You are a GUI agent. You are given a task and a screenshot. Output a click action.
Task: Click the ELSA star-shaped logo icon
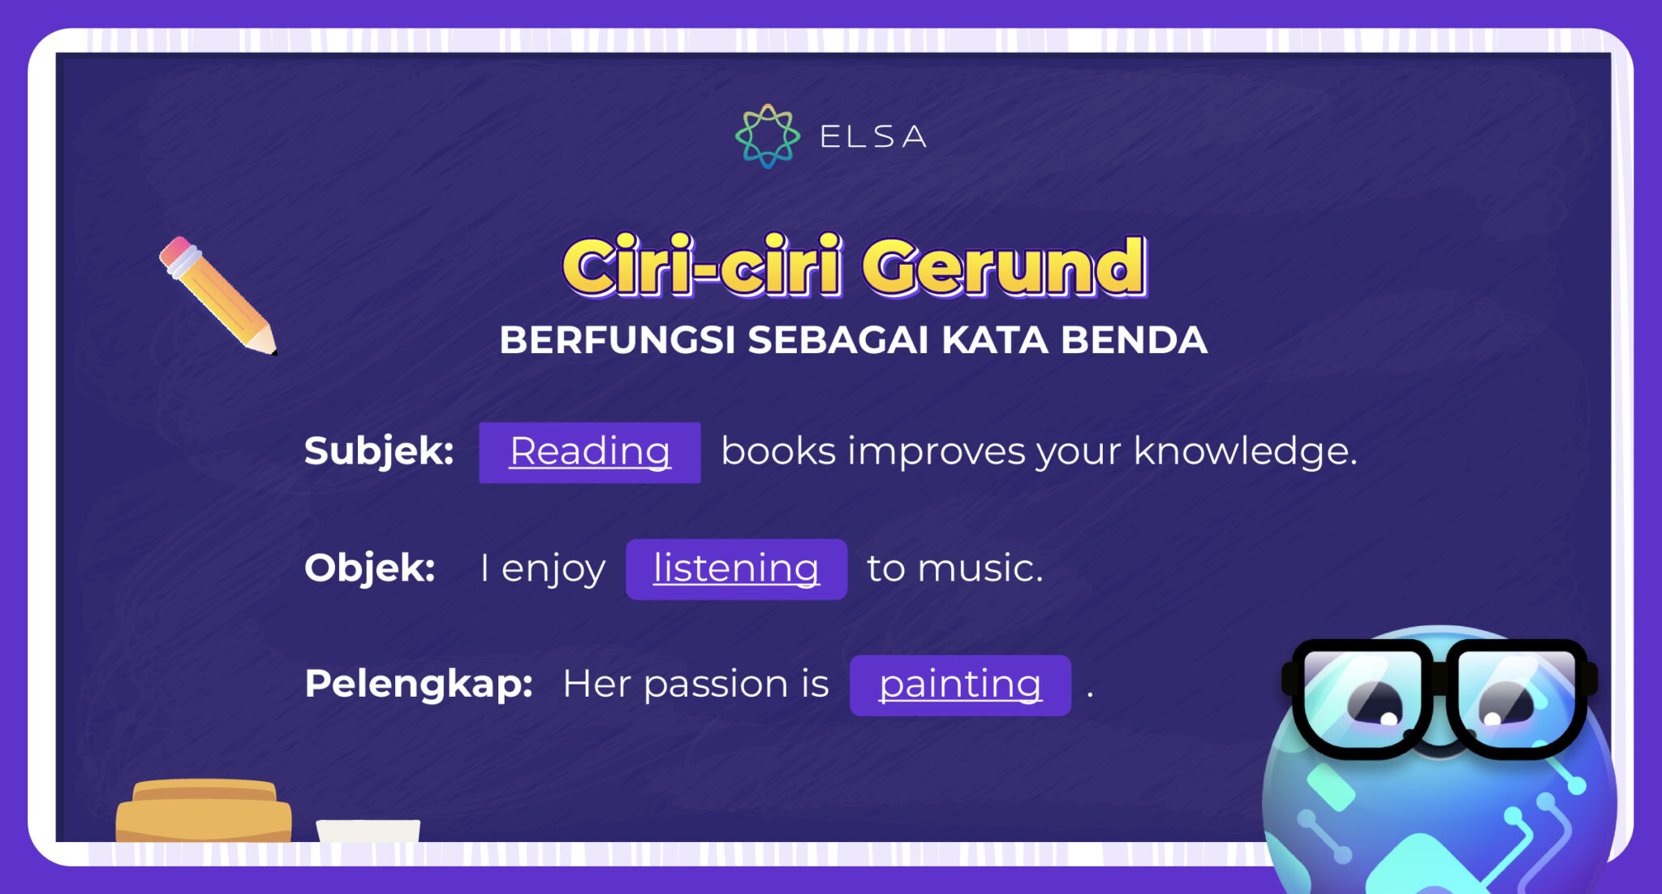tap(767, 136)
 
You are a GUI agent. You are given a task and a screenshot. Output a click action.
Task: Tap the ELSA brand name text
tap(873, 136)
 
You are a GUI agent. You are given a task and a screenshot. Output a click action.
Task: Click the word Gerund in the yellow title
tap(1004, 266)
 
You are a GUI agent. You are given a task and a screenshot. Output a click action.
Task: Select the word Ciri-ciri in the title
tap(703, 266)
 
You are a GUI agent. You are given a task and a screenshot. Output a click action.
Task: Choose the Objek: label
tap(370, 568)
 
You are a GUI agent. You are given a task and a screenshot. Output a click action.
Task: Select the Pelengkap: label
tap(419, 684)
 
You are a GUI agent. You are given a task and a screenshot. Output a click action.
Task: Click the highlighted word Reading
tap(590, 451)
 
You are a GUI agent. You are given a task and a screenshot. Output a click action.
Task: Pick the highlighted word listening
tap(736, 568)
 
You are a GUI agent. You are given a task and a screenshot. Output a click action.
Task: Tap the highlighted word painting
tap(960, 685)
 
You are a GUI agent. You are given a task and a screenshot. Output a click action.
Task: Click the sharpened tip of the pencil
tap(270, 348)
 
